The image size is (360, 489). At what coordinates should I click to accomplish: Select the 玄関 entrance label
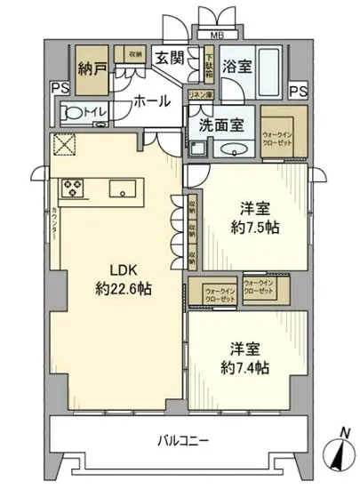pyautogui.click(x=170, y=59)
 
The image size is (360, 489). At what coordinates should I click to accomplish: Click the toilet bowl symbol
pyautogui.click(x=76, y=113)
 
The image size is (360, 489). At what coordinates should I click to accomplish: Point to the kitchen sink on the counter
pyautogui.click(x=121, y=188)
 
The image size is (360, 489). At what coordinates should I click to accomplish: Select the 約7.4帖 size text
pyautogui.click(x=244, y=365)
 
